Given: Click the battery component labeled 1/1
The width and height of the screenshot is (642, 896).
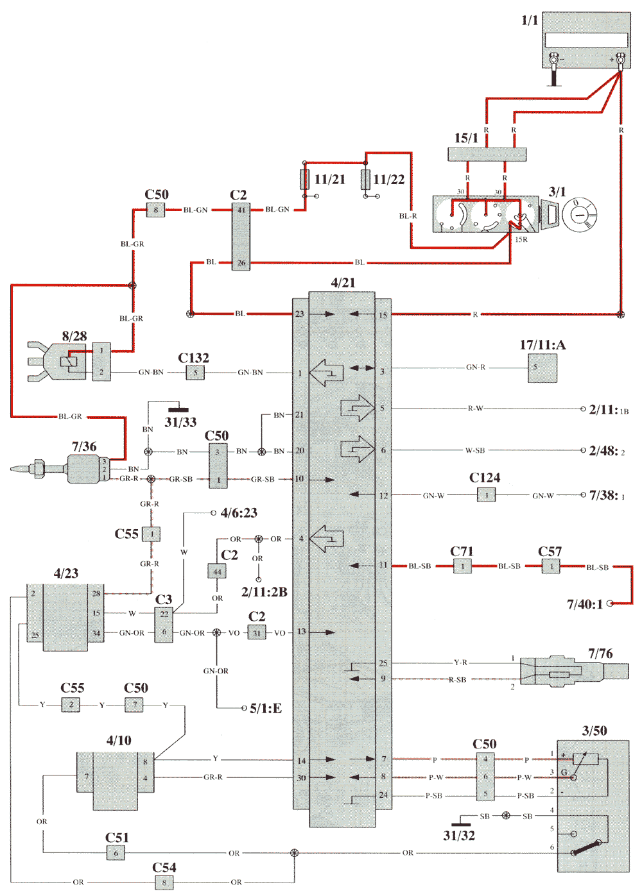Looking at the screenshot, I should tap(586, 40).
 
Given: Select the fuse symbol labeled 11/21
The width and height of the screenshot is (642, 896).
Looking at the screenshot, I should tap(305, 180).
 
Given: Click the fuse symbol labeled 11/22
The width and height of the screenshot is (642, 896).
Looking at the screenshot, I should tap(365, 180).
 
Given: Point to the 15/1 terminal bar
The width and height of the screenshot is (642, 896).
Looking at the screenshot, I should tap(487, 155).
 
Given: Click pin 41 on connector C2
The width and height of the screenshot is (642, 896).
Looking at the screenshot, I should tap(241, 210).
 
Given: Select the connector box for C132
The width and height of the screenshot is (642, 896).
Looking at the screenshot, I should tap(195, 372).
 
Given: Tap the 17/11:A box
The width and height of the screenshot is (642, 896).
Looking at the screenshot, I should tap(542, 368).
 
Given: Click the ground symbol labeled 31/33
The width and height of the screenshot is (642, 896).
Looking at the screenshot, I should tap(178, 409).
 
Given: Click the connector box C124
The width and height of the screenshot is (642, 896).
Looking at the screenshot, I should tap(486, 494).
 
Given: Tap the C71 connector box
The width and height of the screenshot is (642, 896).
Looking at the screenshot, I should tap(462, 566).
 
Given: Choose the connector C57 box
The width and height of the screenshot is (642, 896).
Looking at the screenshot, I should tap(550, 566).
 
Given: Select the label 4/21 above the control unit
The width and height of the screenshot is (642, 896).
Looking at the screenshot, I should tap(343, 283).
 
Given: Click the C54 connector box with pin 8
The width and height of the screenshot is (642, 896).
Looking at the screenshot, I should tap(164, 883).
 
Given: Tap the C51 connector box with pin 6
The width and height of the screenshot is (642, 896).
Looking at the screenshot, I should tap(116, 853).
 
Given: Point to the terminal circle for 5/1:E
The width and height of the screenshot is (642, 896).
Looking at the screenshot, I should tap(244, 708).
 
